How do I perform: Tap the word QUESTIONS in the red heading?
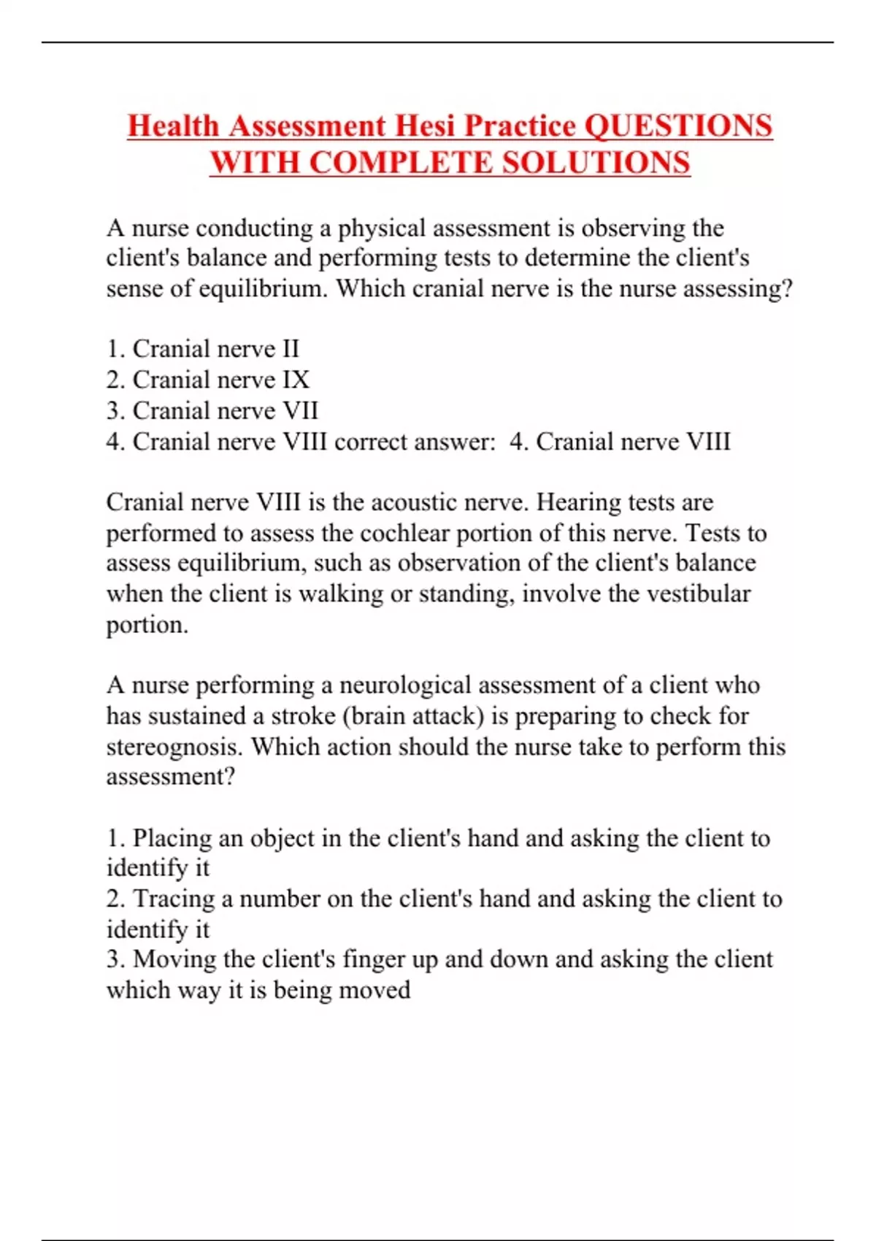coord(678,126)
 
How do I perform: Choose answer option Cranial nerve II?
coord(202,349)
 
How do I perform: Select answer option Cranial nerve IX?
coord(207,380)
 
